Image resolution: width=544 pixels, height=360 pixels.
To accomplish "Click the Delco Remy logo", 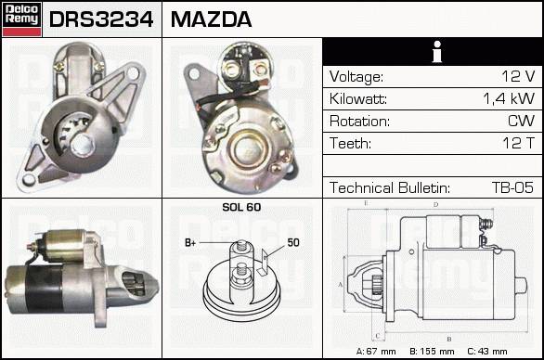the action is [x=21, y=19].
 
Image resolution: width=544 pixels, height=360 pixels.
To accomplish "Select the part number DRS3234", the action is [x=101, y=19].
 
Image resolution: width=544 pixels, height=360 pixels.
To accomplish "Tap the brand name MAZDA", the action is [x=211, y=19].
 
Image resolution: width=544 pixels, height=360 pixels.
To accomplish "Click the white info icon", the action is [x=437, y=52].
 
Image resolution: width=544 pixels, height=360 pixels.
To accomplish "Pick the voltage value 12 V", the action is [x=518, y=76].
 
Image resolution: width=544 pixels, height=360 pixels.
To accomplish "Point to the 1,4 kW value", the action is [x=509, y=99].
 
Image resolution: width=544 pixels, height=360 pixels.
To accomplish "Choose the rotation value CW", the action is [x=521, y=121].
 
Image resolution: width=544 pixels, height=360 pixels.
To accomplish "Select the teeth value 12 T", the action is [x=518, y=143].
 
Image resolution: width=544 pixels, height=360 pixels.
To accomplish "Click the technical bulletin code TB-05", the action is [x=512, y=187].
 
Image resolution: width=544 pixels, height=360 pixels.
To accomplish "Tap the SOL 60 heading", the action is [x=241, y=207].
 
